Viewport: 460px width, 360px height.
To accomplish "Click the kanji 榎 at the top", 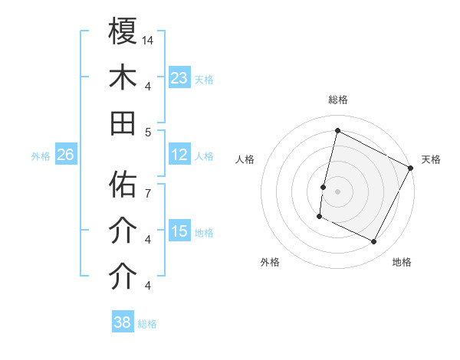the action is [x=123, y=31].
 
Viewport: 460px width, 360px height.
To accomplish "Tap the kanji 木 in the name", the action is [x=123, y=77].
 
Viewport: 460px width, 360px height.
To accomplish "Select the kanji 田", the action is [x=123, y=123].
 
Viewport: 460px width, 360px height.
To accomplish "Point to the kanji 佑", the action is [x=123, y=185].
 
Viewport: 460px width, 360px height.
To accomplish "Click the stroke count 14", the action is [x=149, y=39].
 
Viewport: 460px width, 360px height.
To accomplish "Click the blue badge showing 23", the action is [x=179, y=77].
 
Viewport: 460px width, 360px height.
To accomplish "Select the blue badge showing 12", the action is [x=179, y=155].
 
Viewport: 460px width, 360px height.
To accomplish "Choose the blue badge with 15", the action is [x=179, y=231].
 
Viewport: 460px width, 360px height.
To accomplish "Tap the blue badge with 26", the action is [x=65, y=155].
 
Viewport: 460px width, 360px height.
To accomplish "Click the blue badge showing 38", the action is [x=122, y=322].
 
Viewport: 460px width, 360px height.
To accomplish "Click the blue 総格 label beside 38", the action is [x=147, y=324].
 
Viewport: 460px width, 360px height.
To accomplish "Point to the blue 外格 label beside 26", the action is [x=41, y=156].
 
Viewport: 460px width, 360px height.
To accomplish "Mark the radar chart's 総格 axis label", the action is [x=337, y=100].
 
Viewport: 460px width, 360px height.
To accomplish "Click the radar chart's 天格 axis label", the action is [x=431, y=159].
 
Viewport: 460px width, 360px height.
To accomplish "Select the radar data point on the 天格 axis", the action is [x=411, y=168].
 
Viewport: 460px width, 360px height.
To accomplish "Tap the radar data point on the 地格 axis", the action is [x=374, y=242].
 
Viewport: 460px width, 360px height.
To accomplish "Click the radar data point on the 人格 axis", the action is [x=324, y=187].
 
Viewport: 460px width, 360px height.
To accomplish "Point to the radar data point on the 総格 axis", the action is [x=337, y=131].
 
